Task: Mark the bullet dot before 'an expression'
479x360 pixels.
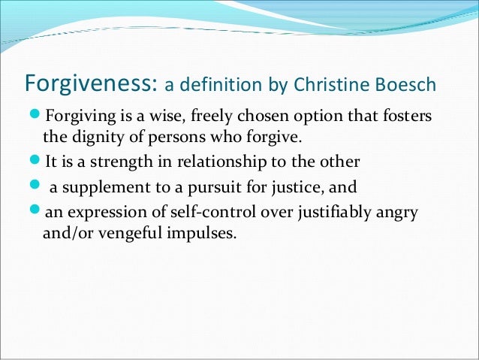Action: [x=38, y=212]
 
